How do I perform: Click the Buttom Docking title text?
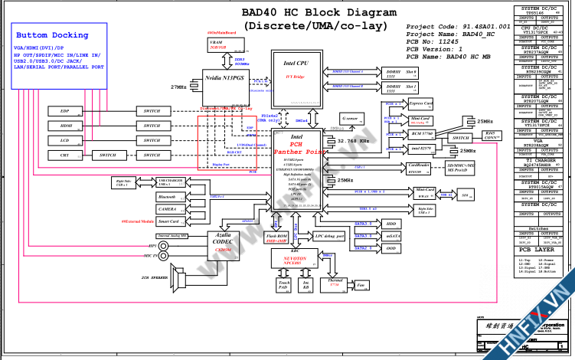[52, 36]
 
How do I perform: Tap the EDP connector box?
[66, 111]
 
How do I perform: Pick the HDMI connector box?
[66, 126]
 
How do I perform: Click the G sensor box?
[350, 119]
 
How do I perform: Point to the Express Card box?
[420, 103]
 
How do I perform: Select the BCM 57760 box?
[420, 134]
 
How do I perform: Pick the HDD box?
[391, 224]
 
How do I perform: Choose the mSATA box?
[391, 237]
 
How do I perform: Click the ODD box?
[391, 248]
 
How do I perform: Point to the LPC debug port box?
[329, 237]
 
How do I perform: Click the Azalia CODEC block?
[224, 239]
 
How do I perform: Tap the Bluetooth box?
[168, 197]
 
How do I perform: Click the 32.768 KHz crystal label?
[354, 142]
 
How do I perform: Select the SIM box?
[466, 196]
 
